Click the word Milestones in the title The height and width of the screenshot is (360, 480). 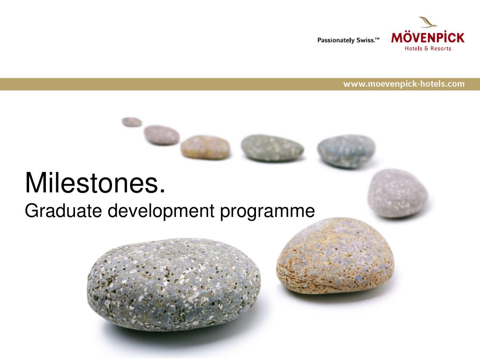[92, 183]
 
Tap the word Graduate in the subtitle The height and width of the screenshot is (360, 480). [63, 210]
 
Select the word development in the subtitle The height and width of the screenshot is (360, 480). [161, 211]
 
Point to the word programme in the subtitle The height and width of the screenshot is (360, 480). [267, 212]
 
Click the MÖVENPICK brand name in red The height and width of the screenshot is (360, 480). [427, 37]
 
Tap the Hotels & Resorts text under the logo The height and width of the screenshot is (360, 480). [427, 48]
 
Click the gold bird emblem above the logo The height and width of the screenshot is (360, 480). [428, 22]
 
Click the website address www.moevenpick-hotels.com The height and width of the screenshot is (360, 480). [404, 84]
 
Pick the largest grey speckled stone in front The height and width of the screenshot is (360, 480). [173, 285]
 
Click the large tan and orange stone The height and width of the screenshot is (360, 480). [335, 255]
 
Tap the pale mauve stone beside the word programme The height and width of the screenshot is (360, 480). [397, 193]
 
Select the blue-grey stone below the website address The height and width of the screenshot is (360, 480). [346, 151]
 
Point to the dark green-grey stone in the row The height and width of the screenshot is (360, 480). [272, 148]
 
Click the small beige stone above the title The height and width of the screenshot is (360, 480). [205, 147]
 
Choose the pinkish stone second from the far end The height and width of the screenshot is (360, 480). [162, 135]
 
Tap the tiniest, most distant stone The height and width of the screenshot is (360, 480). [132, 122]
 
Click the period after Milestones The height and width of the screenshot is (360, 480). [162, 191]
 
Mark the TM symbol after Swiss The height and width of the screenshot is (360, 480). [377, 38]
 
